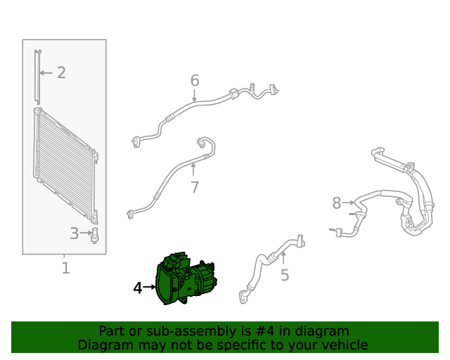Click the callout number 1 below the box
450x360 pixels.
pos(65,268)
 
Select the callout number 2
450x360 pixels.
pos(61,72)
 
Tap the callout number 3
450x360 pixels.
pos(75,233)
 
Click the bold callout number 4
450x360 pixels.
pos(138,288)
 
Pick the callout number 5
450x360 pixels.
pos(285,275)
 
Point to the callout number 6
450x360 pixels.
pos(195,80)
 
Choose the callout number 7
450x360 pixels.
pos(195,188)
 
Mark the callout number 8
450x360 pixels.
pos(337,203)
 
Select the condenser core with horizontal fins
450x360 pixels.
pos(65,166)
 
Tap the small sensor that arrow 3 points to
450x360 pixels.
pos(94,236)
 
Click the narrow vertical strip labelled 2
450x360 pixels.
pos(37,77)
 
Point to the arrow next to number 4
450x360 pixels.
pos(149,287)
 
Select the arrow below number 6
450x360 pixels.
pos(195,96)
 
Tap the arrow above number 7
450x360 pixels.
pos(193,169)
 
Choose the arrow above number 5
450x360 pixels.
pos(283,257)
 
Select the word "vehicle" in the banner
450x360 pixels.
pos(347,345)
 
